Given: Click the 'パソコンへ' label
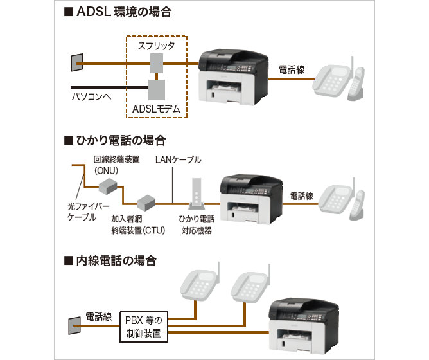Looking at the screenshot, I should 91,97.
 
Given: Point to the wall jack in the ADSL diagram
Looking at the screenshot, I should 76,62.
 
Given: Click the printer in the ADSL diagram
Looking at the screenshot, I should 234,76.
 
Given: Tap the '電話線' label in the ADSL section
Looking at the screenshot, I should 292,68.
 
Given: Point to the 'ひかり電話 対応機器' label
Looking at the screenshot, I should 196,224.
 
